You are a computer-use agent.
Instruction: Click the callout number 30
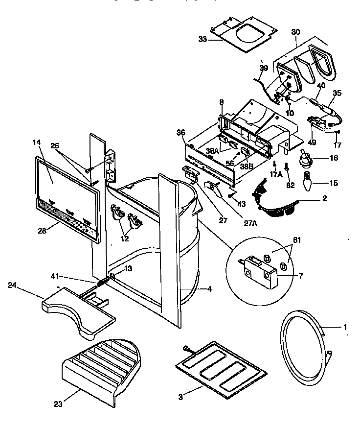[295, 32]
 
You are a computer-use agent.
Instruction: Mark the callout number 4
[209, 289]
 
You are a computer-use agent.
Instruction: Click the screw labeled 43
[229, 195]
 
